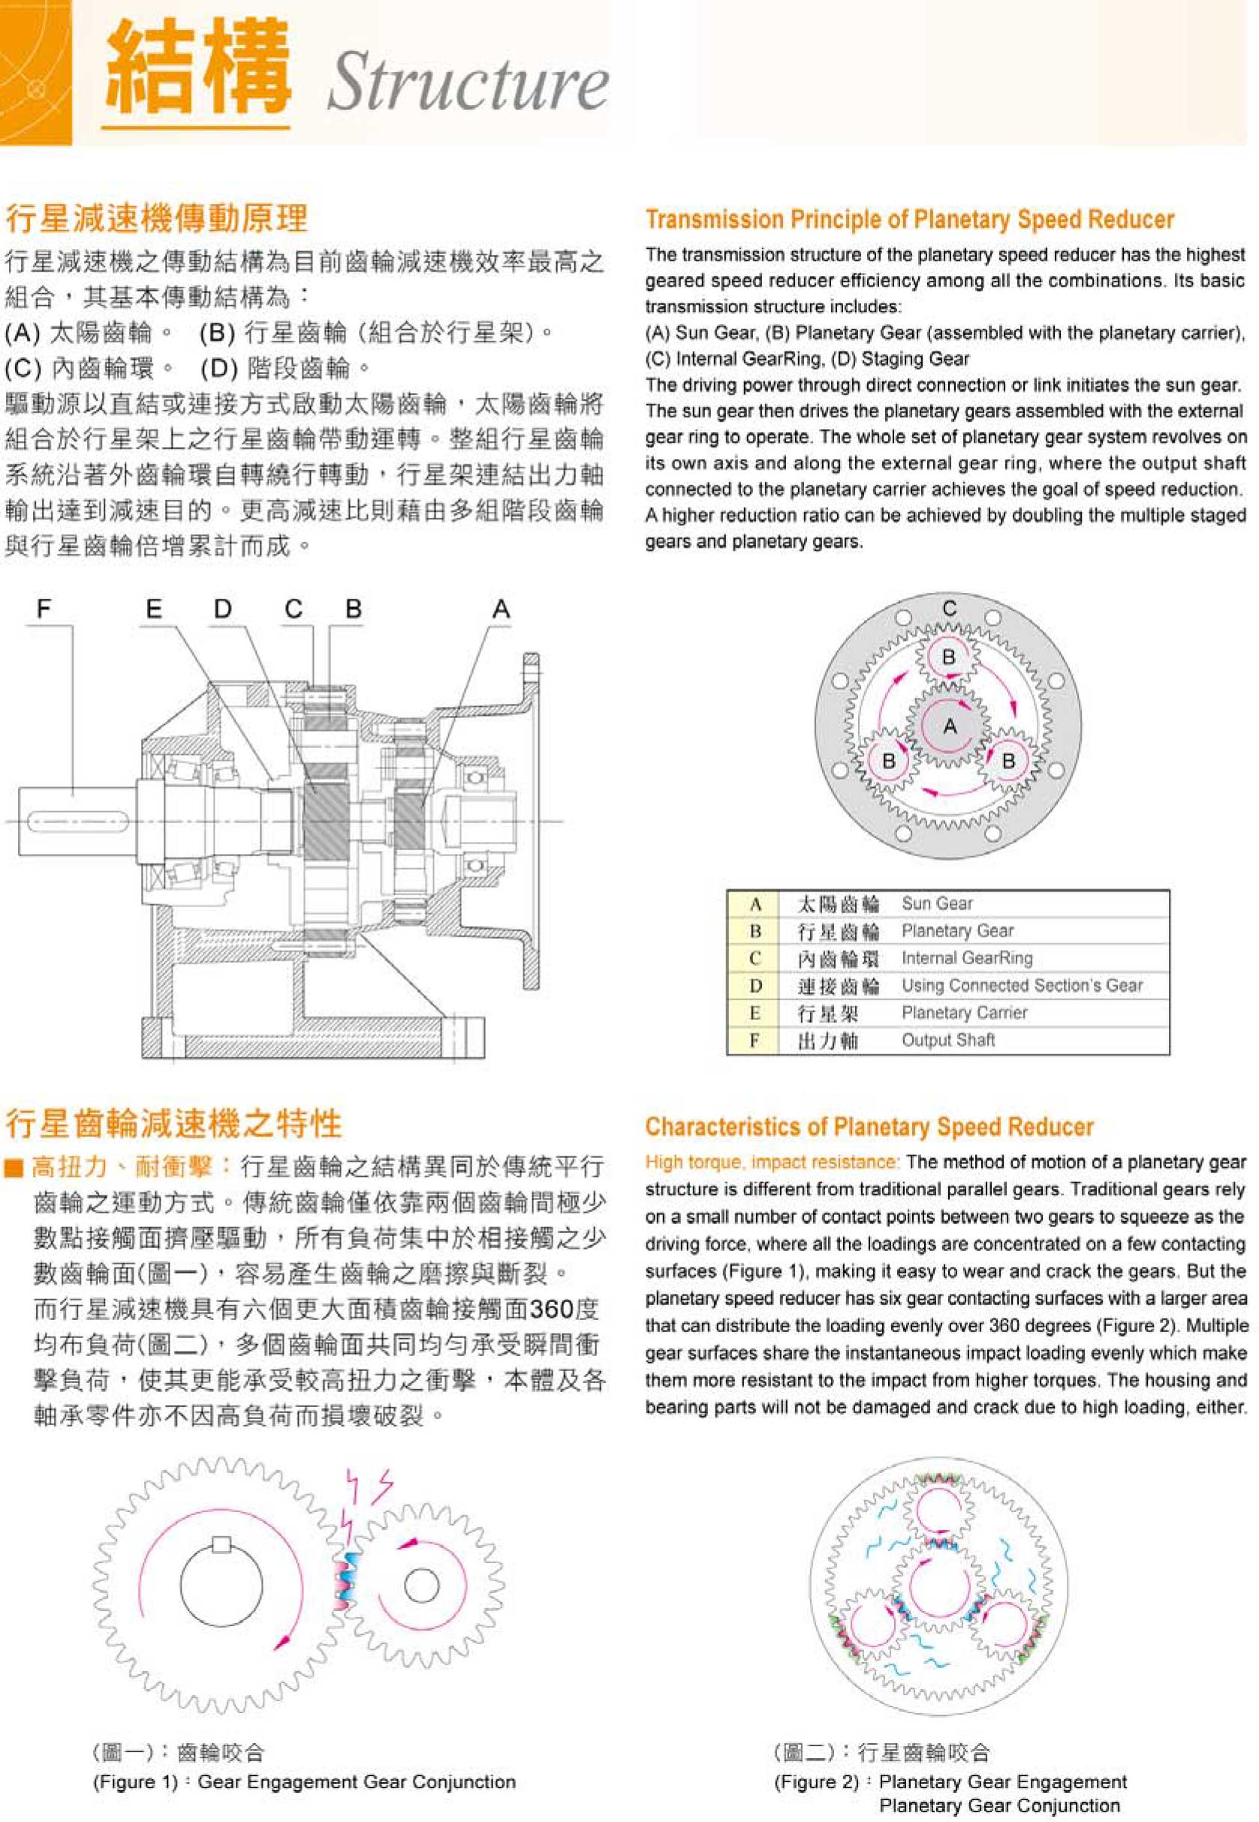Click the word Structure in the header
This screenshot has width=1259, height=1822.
pos(467,82)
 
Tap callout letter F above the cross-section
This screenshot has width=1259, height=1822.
pos(44,608)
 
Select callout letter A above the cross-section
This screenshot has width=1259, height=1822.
pos(501,608)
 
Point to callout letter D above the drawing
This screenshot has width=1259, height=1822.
pos(223,608)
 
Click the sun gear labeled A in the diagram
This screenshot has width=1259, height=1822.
pos(950,726)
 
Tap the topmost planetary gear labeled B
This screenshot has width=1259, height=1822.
pos(949,656)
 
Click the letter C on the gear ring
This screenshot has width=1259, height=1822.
pos(950,608)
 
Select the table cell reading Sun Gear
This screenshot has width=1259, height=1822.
pos(937,903)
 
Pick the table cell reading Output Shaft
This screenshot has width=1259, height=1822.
pos(948,1040)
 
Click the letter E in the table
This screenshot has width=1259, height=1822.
pos(755,1013)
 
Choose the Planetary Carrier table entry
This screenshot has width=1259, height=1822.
pos(964,1013)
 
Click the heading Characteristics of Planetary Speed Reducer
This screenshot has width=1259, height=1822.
pos(869,1126)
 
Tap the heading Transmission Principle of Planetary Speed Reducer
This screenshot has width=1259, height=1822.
pos(910,219)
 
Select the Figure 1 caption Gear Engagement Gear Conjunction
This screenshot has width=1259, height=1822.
pos(357,1781)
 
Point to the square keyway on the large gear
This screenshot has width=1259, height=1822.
pos(221,1544)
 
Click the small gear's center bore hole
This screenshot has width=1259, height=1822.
pos(421,1586)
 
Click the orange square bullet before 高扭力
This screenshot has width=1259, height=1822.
pos(14,1168)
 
